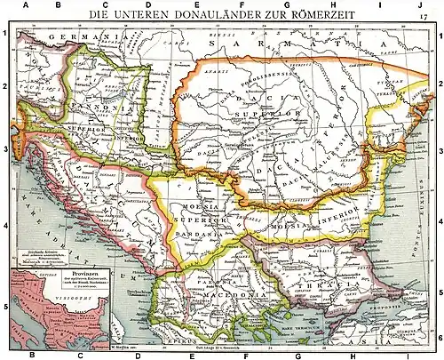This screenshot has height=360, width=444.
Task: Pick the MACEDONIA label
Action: tap(213, 294)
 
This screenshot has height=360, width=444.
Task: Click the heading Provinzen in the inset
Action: tap(49, 268)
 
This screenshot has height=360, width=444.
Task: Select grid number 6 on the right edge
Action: tap(439, 338)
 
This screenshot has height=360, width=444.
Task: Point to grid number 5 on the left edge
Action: tap(6, 308)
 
